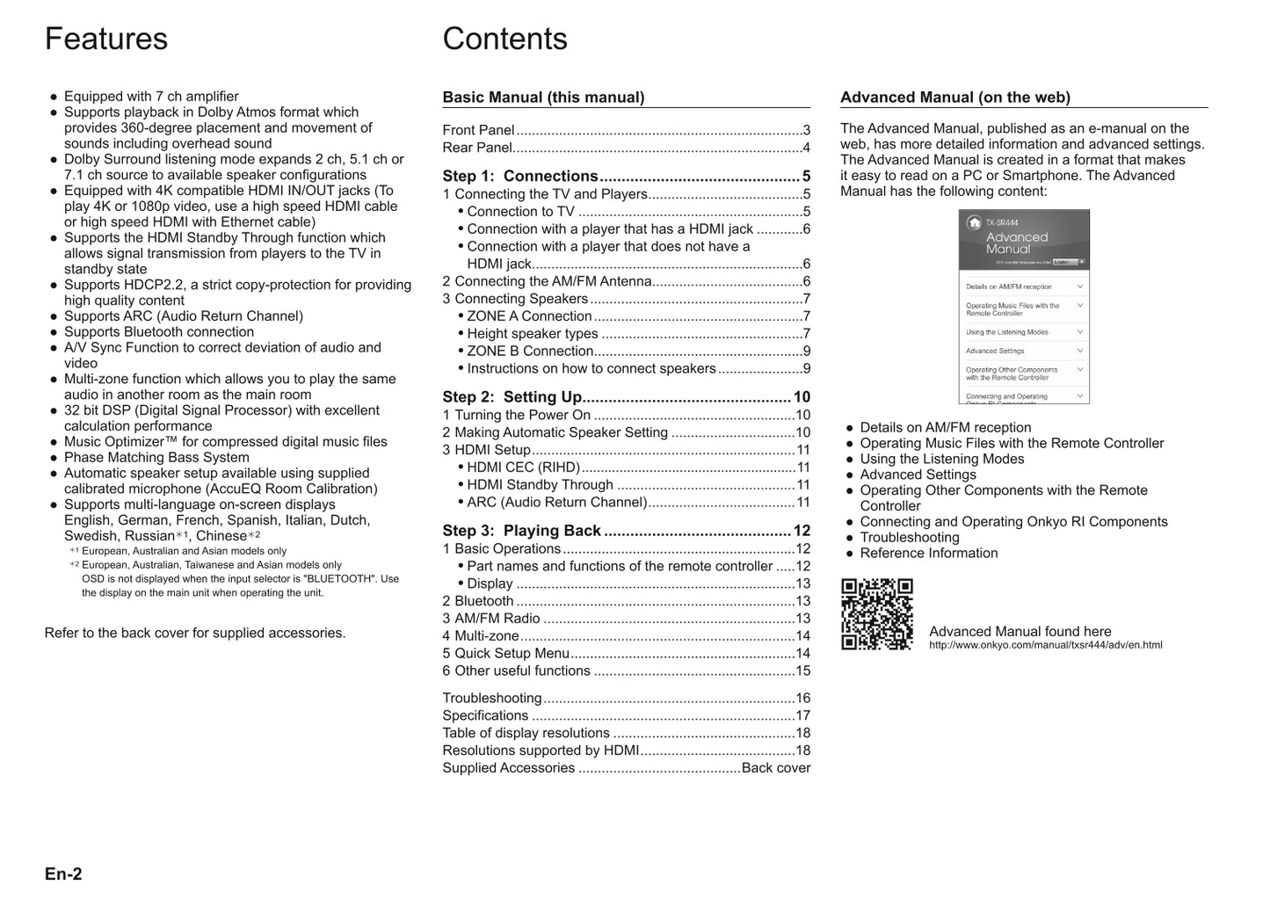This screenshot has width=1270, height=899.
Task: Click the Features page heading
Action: [x=106, y=40]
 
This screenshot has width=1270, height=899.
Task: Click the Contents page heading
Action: [x=504, y=40]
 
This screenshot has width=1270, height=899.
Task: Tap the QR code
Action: [x=876, y=613]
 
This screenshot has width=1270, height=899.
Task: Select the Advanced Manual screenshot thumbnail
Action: [x=1023, y=307]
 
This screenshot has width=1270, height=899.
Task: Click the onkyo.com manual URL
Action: [x=1045, y=645]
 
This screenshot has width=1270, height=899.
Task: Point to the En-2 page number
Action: [x=63, y=874]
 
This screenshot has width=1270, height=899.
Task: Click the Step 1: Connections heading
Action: [x=520, y=176]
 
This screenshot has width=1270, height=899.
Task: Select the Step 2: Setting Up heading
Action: [x=512, y=397]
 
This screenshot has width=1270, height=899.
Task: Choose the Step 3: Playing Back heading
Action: [x=521, y=531]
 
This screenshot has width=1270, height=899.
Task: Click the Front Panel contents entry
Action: [x=478, y=130]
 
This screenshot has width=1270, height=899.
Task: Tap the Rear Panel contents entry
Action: [x=477, y=148]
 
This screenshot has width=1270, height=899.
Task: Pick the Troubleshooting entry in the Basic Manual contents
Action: [x=492, y=699]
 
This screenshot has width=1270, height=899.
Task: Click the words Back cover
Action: [x=775, y=768]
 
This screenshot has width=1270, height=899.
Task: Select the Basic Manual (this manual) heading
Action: [x=543, y=98]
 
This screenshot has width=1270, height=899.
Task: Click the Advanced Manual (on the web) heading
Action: [x=954, y=98]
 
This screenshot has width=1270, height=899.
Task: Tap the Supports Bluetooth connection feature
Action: [x=159, y=332]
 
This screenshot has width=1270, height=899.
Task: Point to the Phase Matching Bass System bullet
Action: [x=156, y=458]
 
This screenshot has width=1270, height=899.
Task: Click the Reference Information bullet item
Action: [x=928, y=554]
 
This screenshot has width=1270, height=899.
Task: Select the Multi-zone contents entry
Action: [x=480, y=636]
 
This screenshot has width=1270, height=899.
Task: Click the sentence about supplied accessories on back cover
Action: [x=195, y=634]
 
